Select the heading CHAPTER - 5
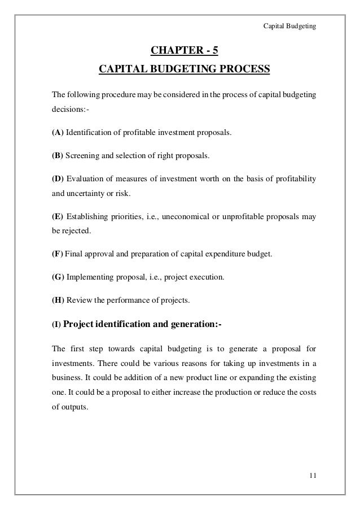pos(184,53)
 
